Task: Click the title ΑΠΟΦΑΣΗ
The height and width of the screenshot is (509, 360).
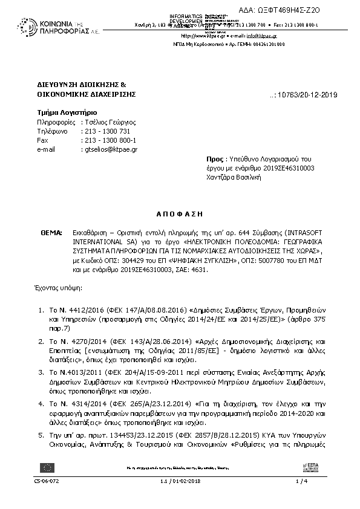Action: point(180,214)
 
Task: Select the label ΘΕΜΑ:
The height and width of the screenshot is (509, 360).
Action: point(51,232)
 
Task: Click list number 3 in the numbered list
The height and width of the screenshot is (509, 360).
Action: point(40,373)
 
